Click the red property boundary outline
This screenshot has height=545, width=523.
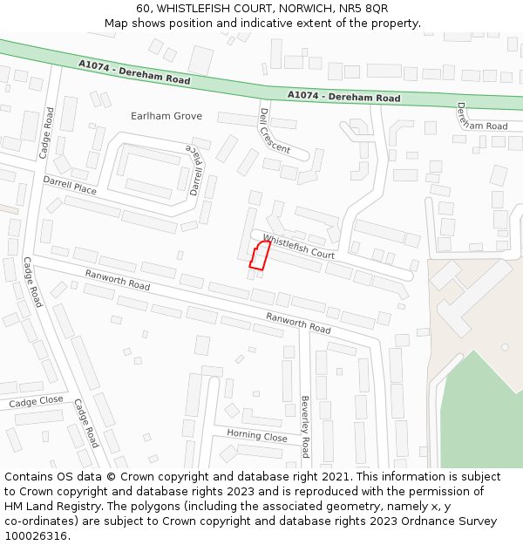pyautogui.click(x=259, y=255)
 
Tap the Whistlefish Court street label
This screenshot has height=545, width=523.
pyautogui.click(x=299, y=247)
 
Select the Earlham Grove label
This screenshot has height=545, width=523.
pyautogui.click(x=166, y=116)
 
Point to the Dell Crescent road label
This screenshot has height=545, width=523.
pyautogui.click(x=275, y=131)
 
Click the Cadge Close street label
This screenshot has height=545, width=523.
pyautogui.click(x=36, y=402)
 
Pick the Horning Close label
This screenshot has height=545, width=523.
pyautogui.click(x=257, y=435)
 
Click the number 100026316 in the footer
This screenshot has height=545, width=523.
pyautogui.click(x=36, y=536)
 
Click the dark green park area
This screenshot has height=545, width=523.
pyautogui.click(x=480, y=410)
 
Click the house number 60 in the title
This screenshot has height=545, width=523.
pyautogui.click(x=143, y=9)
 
